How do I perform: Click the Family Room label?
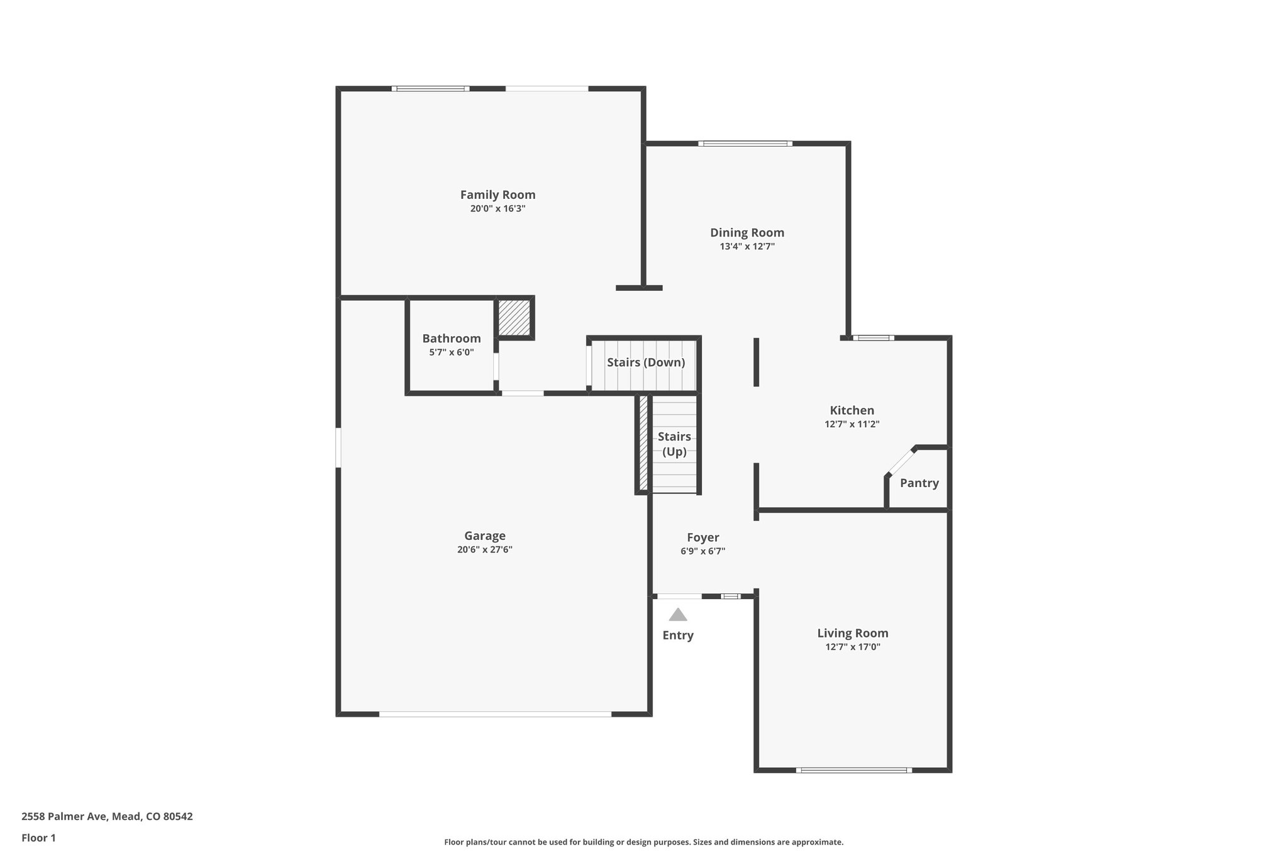pos(497,195)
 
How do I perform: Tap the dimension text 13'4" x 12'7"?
pos(747,247)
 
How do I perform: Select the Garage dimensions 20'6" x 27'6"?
pos(484,549)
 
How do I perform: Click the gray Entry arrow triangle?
pos(677,615)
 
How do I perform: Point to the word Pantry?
pos(919,483)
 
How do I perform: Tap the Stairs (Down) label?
pos(645,362)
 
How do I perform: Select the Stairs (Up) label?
pos(674,444)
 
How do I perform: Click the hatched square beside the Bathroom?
pos(514,318)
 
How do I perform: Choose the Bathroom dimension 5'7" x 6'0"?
pos(452,352)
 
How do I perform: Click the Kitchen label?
pos(852,410)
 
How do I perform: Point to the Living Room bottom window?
pos(853,770)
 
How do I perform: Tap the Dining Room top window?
pos(745,143)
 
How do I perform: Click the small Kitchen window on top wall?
pos(873,338)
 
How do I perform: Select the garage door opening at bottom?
pos(495,714)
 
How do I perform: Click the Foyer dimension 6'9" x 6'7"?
pos(702,551)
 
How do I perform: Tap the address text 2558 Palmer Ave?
pos(107,817)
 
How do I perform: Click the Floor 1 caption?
pos(38,838)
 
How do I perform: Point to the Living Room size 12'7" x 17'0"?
pos(852,647)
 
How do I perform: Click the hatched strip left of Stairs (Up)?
pos(643,443)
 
